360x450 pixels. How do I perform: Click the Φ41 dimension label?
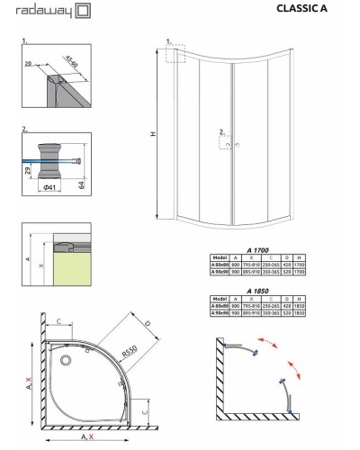(x=55, y=191)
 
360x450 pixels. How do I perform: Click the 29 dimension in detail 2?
(x=29, y=169)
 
